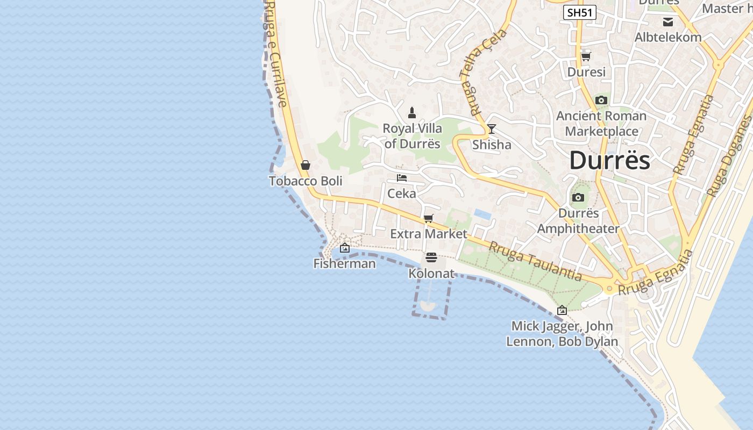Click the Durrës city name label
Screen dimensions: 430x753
point(609,160)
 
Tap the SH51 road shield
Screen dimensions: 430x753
point(580,12)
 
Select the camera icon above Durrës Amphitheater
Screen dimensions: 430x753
point(578,198)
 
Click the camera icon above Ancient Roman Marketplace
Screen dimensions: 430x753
point(601,101)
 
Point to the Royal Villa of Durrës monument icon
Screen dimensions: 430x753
point(412,113)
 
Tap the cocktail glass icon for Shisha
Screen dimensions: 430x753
point(491,129)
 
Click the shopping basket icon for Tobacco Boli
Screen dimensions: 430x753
point(306,165)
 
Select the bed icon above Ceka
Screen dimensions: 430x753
point(402,178)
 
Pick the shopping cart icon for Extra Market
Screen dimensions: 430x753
point(429,218)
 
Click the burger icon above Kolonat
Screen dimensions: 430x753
point(431,257)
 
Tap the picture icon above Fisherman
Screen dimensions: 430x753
point(345,248)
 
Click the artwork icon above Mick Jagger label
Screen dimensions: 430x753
point(562,310)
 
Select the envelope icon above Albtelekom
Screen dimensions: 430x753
point(668,22)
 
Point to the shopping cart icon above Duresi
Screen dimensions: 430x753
point(586,56)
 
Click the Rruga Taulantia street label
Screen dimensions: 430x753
point(535,261)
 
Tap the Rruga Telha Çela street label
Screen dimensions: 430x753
point(484,73)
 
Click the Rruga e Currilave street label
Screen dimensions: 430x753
point(275,54)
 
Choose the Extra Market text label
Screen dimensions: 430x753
point(429,234)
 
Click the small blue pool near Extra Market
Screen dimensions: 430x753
point(482,214)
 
